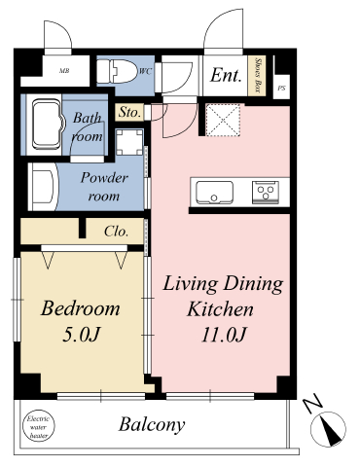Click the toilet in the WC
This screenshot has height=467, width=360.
click(x=117, y=71)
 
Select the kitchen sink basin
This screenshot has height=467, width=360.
click(x=214, y=193)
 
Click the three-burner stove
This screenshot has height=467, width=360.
click(x=266, y=193)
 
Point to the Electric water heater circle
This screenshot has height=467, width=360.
click(x=39, y=425)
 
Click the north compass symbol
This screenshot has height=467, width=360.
click(x=328, y=429)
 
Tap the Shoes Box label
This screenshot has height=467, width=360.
click(x=258, y=76)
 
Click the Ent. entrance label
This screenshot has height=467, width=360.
click(x=226, y=75)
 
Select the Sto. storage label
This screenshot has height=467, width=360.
click(x=129, y=112)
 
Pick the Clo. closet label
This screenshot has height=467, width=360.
click(x=117, y=232)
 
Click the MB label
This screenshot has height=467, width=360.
click(x=64, y=71)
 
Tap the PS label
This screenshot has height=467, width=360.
click(x=282, y=88)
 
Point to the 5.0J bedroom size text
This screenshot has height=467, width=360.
click(x=81, y=335)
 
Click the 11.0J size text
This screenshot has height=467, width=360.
click(x=224, y=335)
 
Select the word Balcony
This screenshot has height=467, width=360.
click(x=152, y=424)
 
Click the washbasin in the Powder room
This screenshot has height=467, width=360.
click(x=44, y=187)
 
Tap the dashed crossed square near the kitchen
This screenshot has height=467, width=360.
click(x=223, y=120)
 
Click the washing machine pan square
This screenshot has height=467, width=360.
click(x=129, y=142)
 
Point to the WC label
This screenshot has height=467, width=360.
click(x=145, y=71)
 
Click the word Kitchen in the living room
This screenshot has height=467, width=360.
click(x=220, y=309)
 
